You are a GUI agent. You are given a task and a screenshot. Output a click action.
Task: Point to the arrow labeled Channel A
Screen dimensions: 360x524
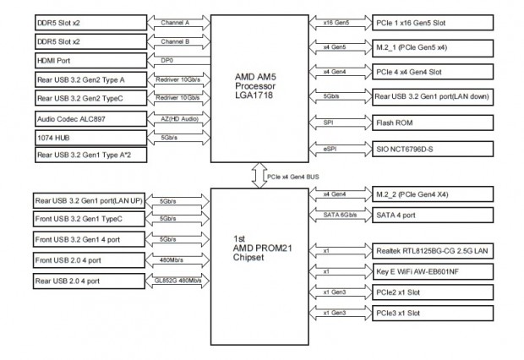click(175, 24)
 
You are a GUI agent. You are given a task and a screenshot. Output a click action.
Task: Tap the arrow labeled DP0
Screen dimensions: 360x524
click(175, 60)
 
